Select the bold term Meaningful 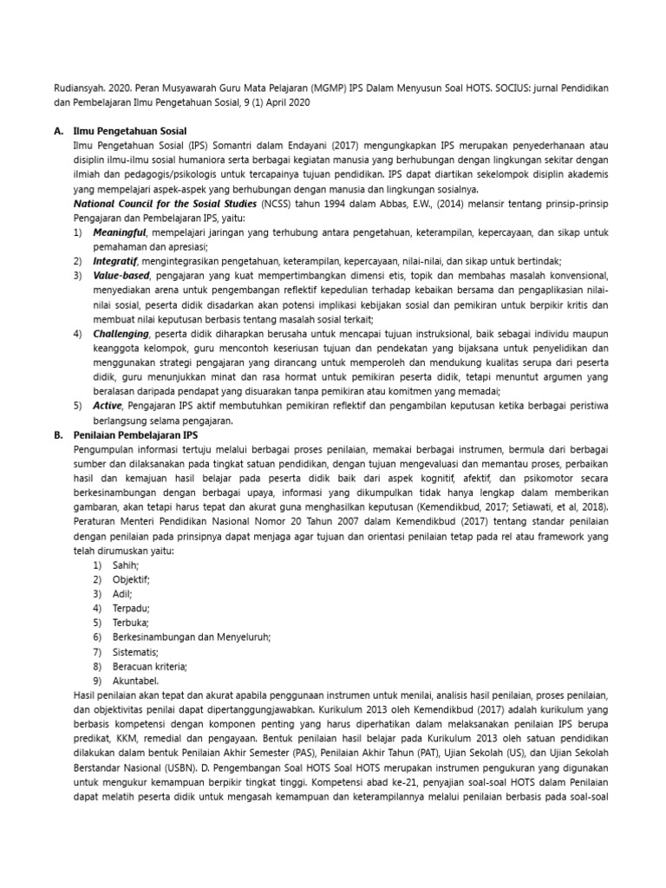[x=121, y=233]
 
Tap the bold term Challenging [x=121, y=334]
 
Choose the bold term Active [x=108, y=406]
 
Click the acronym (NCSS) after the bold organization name [x=278, y=203]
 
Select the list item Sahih [x=126, y=565]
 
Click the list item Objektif [x=131, y=579]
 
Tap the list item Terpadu [x=131, y=608]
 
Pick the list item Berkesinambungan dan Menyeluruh [x=191, y=637]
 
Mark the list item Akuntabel [x=135, y=681]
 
